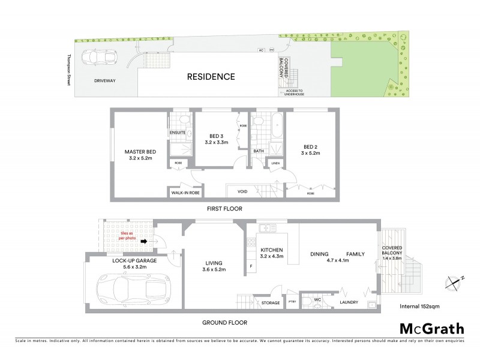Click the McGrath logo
tap(432, 328)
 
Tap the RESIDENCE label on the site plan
tap(210, 77)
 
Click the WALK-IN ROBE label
tap(186, 193)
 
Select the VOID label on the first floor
tap(242, 192)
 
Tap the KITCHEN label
tap(271, 250)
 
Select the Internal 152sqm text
tap(418, 307)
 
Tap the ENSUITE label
tap(178, 132)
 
